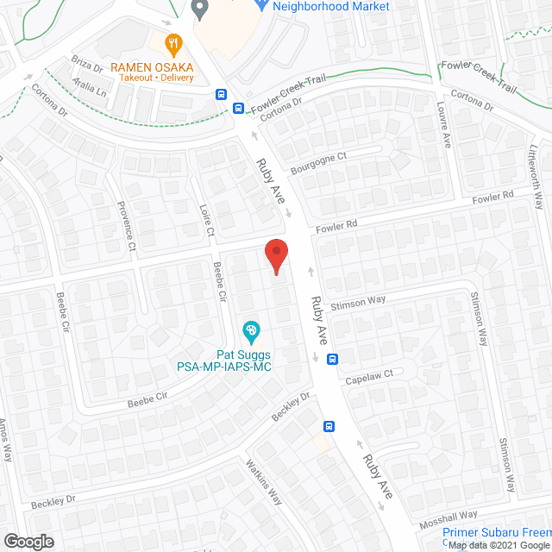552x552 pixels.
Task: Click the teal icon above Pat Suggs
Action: click(251, 330)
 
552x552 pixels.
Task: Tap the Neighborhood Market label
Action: click(331, 7)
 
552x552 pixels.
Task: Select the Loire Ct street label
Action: click(206, 221)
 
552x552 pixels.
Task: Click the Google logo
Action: click(28, 540)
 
